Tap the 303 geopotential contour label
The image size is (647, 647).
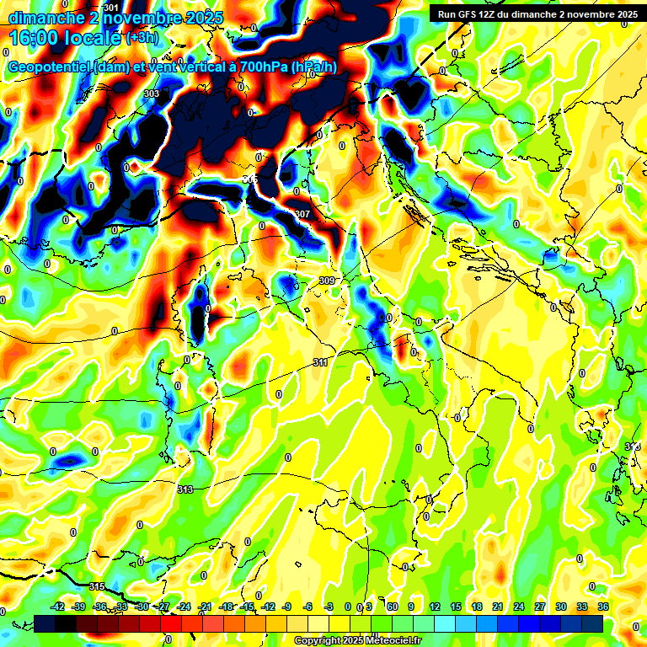pos(151,94)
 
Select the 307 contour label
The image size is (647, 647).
pos(302,214)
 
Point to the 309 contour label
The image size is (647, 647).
pos(327,281)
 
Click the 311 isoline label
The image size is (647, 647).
pos(320,362)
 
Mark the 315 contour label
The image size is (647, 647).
pos(96,586)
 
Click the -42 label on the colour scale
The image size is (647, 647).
pos(57,607)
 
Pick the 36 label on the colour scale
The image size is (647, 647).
pos(603,607)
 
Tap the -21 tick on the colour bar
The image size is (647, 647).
pos(205,607)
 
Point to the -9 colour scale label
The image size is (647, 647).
pos(287,607)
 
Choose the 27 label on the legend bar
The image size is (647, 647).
pos(540,607)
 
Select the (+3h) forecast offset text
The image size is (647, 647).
pos(147,38)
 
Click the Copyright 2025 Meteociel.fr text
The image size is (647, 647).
pos(357,640)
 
